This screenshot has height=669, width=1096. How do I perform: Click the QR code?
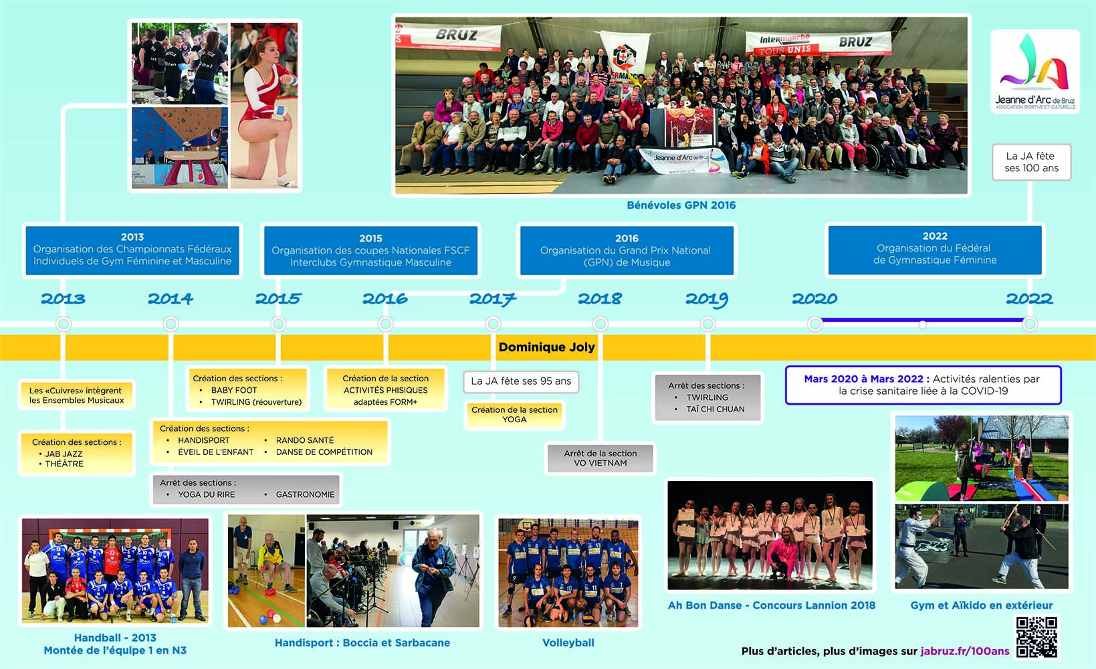coord(1036,637)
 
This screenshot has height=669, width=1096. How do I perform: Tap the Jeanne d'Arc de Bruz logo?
coord(1035,72)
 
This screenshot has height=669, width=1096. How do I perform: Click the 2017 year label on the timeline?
coord(493,298)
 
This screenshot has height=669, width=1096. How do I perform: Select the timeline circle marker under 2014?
coord(171,324)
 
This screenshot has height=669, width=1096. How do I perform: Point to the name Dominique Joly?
coord(546,347)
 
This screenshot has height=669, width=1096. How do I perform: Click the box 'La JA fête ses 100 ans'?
coord(1031,162)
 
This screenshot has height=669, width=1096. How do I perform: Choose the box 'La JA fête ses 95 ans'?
coord(521,381)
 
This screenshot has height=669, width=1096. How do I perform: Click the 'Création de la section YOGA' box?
coord(514,415)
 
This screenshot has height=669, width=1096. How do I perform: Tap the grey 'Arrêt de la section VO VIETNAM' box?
coord(600,458)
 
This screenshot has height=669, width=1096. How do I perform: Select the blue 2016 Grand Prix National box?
coord(627,251)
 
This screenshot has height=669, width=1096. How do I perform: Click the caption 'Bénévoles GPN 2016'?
coord(681,205)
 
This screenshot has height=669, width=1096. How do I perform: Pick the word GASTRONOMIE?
coord(306,494)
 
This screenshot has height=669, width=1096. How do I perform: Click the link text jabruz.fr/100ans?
coord(965,651)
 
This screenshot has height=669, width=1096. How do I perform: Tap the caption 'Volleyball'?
coord(568,642)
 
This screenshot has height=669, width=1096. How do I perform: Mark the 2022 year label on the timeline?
coord(1029,298)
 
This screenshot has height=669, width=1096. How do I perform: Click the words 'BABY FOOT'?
coord(234,390)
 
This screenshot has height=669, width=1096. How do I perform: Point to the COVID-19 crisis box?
coord(923,385)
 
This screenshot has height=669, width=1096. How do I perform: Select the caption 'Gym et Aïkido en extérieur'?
coord(982,605)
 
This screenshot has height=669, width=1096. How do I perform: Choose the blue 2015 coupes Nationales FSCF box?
coord(370,251)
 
